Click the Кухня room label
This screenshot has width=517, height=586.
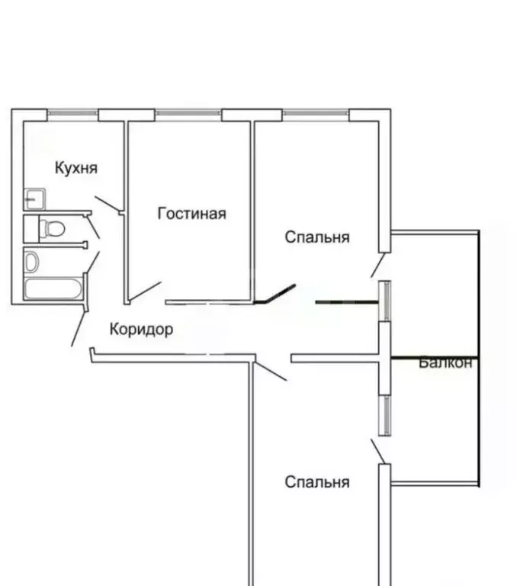coord(75,168)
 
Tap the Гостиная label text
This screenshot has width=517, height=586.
coord(191,214)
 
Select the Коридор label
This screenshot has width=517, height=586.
coord(141,330)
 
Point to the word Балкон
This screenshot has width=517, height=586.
coord(445,363)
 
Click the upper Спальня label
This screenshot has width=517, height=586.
coord(317,237)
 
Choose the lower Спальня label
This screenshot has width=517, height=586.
coord(317,482)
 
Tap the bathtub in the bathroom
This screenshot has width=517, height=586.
coord(53,290)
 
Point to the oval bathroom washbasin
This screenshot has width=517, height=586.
coord(31,262)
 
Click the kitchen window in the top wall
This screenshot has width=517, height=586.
coord(72,114)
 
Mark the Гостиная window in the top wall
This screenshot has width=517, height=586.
coord(188,114)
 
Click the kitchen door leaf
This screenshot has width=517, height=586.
coord(107,204)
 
